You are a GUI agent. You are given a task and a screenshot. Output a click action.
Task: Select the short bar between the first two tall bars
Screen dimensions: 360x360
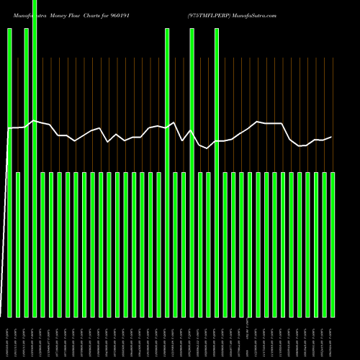18,245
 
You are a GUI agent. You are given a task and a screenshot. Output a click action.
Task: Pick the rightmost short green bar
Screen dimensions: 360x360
332,245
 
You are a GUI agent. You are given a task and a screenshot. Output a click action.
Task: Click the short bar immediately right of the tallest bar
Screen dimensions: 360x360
42,245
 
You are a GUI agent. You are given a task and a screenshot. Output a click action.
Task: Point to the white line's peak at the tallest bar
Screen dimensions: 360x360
34,120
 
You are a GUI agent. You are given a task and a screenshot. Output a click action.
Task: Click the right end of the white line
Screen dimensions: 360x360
331,137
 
